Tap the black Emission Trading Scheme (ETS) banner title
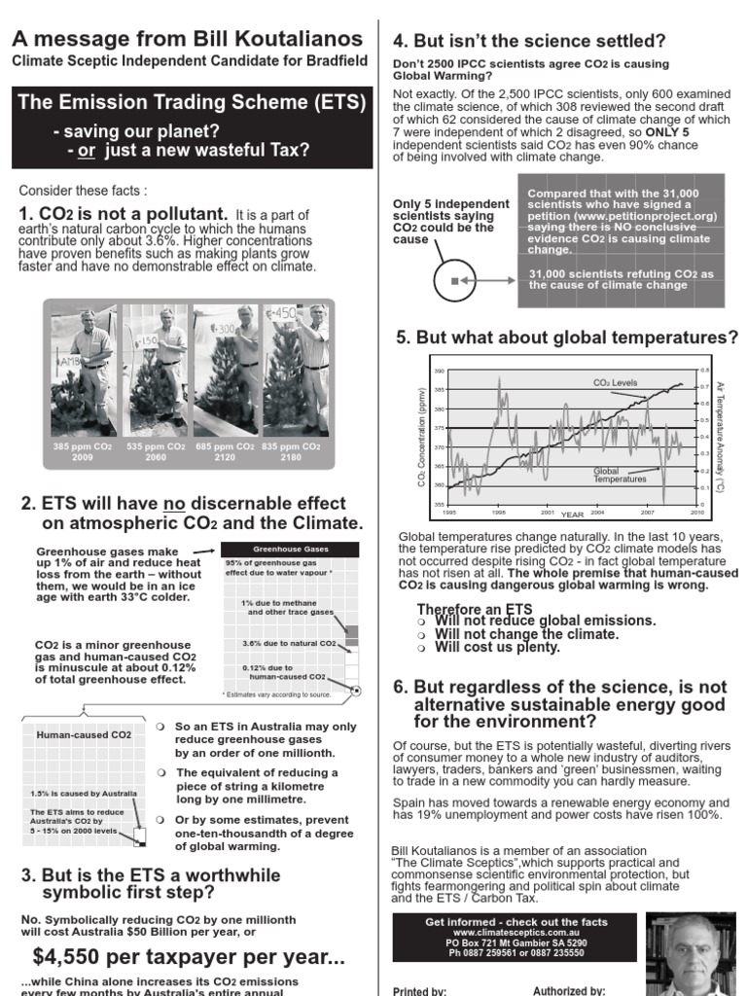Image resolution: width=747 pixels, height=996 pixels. pos(192,102)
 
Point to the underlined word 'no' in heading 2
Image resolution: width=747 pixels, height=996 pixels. pos(174,504)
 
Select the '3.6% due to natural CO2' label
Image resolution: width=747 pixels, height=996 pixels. pos(289,644)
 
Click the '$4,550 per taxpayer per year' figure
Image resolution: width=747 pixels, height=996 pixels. pos(188,956)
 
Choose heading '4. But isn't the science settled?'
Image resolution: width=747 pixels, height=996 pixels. pos(529,41)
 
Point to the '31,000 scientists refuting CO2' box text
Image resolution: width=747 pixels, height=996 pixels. pos(621,279)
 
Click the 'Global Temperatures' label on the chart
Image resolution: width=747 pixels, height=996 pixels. pos(620,476)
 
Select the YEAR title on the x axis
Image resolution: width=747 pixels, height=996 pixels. pos(572,514)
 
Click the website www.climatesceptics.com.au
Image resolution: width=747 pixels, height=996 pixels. pos(516,932)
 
